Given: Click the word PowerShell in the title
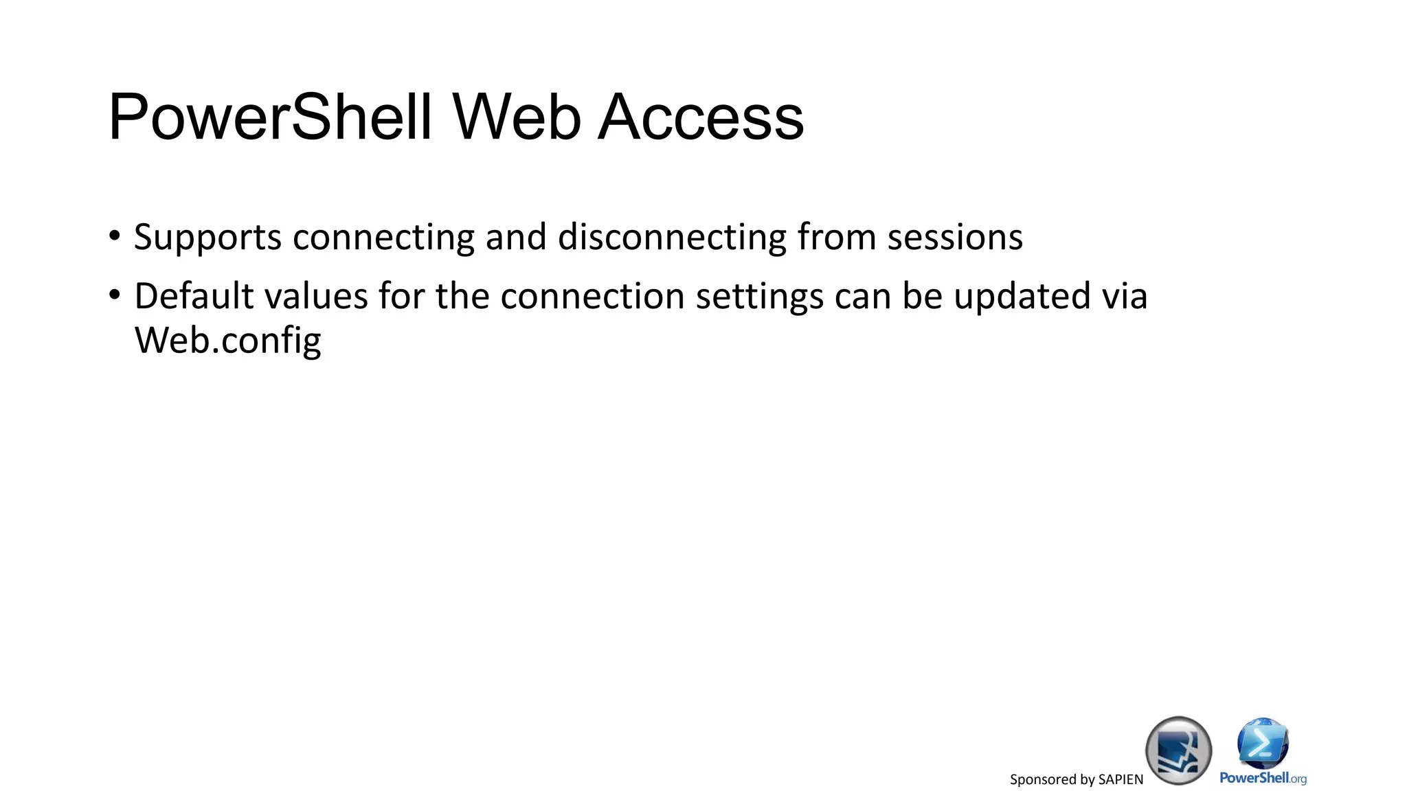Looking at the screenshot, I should [270, 117].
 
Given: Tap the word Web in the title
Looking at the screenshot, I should [517, 117].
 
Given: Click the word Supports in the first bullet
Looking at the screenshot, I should [207, 238].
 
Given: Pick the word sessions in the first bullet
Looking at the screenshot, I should [955, 238].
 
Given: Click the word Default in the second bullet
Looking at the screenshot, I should [194, 297].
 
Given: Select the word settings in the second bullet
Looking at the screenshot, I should [759, 297].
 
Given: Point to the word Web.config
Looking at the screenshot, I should [227, 341].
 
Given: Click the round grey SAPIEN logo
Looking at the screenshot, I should [1178, 750].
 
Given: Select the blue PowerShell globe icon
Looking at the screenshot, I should [1263, 743].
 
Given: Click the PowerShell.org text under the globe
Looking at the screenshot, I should [1263, 778].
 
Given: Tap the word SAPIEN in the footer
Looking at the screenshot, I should [1121, 779].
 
